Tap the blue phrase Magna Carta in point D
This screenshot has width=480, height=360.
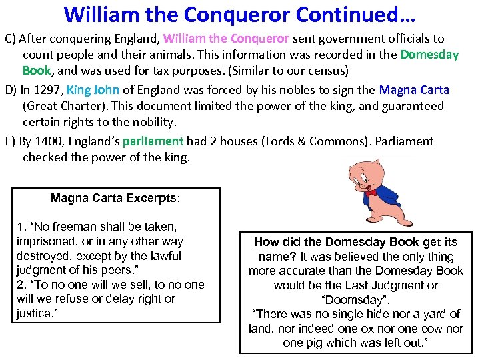click(x=414, y=89)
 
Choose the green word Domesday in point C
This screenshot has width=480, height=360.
click(x=429, y=55)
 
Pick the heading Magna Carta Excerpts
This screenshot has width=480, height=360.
click(x=115, y=198)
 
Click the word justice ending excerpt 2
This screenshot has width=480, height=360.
click(x=34, y=313)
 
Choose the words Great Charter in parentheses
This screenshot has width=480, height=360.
click(x=67, y=106)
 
